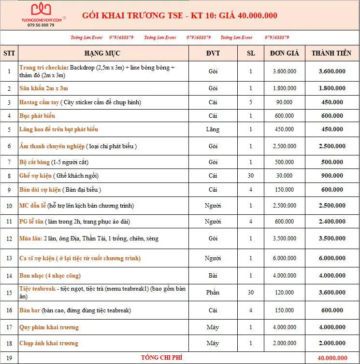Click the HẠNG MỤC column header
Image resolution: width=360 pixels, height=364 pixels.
pos(102,53)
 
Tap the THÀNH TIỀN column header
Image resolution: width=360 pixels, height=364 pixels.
pos(331,53)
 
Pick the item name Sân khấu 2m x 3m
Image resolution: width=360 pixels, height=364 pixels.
pos(44,88)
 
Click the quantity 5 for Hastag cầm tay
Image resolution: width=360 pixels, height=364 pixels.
pos(250,102)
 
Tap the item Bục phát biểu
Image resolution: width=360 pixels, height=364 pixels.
pos(37,116)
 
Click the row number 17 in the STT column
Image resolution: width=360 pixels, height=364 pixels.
pos(9,327)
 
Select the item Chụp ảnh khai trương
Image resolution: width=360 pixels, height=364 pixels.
pos(48,343)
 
